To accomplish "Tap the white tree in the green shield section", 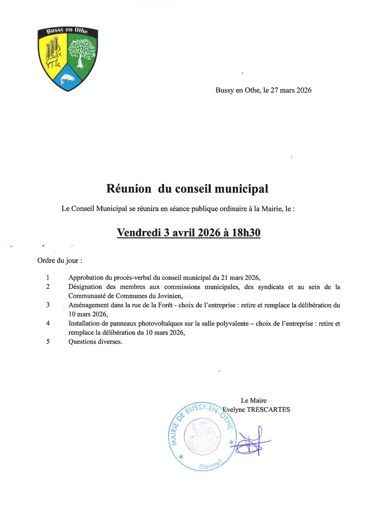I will [x=82, y=51].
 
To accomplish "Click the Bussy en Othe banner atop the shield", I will [x=67, y=32].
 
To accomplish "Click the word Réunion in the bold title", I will [x=129, y=189].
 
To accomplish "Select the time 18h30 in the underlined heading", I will [x=246, y=232].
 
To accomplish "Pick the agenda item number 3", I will [x=48, y=305].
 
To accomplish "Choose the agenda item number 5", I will [x=48, y=342].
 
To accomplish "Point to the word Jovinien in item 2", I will [x=170, y=296].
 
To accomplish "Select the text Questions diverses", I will [x=95, y=342].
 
